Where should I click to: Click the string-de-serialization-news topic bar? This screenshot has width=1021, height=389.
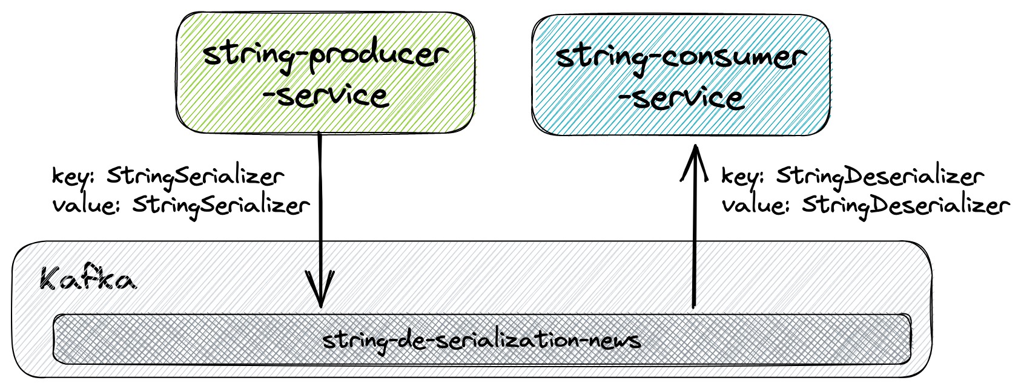click(x=481, y=339)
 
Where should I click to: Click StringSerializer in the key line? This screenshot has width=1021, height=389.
click(x=196, y=177)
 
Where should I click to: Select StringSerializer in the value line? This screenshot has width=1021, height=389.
click(x=221, y=206)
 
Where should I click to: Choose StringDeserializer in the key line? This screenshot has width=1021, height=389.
click(x=880, y=177)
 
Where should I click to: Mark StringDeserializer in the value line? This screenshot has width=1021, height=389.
click(x=906, y=206)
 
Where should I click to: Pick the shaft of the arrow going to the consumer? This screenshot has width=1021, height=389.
click(x=695, y=242)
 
